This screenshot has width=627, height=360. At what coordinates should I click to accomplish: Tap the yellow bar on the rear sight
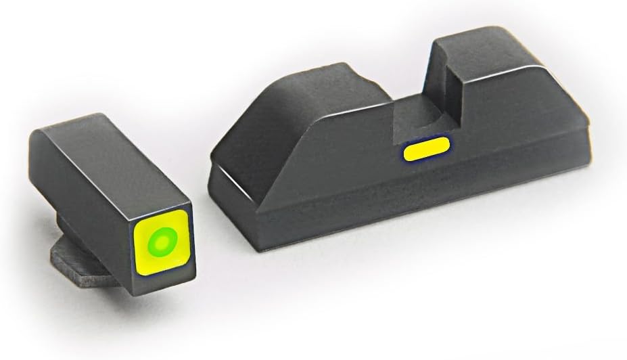pyautogui.click(x=427, y=149)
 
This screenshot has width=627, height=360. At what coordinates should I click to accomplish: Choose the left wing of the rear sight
pyautogui.click(x=304, y=129)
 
